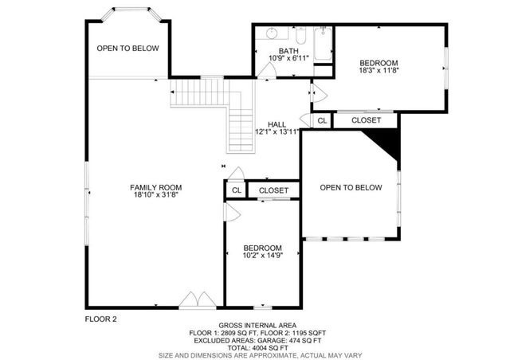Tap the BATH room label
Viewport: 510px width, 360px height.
[288, 51]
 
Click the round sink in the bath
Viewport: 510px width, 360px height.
[272, 33]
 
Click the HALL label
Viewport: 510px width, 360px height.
[277, 124]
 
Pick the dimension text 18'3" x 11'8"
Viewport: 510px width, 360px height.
[379, 70]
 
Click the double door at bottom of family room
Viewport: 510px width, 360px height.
[194, 299]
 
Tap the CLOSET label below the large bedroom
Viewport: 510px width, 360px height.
[366, 120]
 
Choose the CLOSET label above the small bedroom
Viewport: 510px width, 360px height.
[273, 190]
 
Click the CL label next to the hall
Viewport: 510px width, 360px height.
[322, 120]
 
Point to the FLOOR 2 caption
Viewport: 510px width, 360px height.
[101, 319]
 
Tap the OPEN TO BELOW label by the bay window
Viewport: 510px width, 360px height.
[127, 49]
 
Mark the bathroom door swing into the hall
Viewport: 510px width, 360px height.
[266, 71]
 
